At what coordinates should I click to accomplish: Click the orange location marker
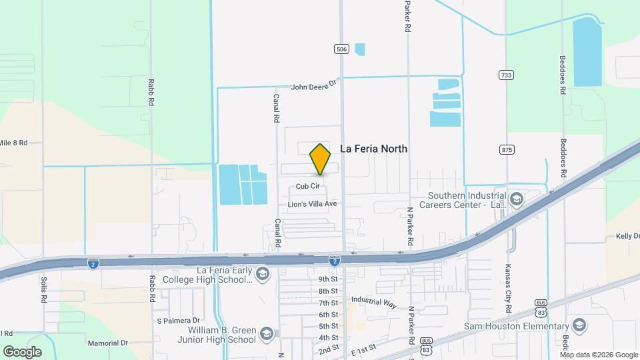(320, 159)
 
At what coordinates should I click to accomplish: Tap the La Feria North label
(373, 149)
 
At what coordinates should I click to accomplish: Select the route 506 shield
(341, 49)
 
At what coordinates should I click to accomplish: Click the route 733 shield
(507, 75)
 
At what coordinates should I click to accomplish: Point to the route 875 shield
(507, 150)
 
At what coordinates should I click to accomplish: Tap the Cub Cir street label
(307, 187)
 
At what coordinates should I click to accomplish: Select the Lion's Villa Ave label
(312, 203)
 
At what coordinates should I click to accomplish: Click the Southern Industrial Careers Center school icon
(516, 199)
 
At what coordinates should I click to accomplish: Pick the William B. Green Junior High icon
(266, 334)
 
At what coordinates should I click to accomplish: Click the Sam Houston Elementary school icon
(579, 325)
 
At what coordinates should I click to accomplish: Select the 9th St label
(328, 279)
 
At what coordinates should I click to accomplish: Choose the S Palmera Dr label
(179, 321)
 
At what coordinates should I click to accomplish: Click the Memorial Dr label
(107, 343)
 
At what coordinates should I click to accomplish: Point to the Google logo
(22, 351)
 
